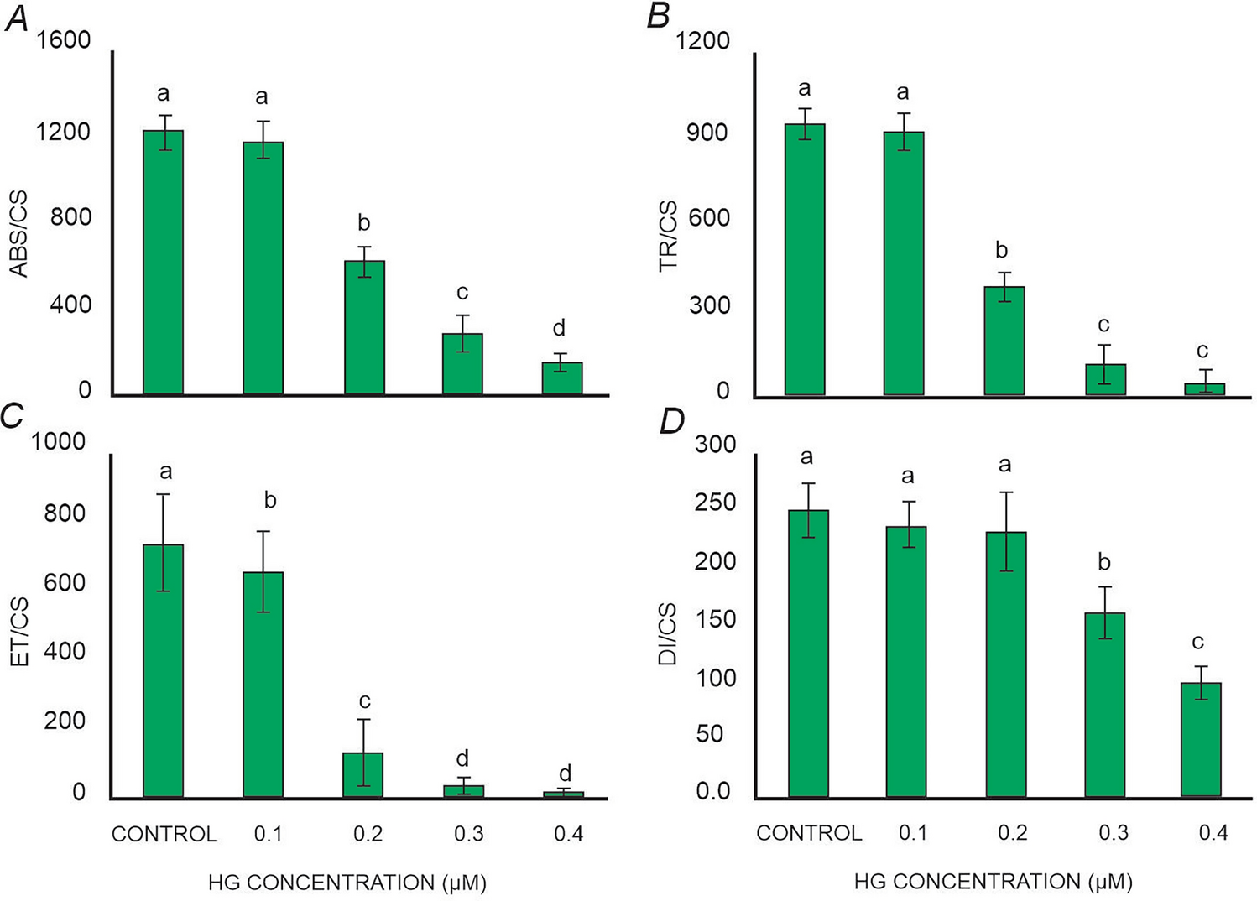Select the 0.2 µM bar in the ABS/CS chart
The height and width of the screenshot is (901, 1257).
364,327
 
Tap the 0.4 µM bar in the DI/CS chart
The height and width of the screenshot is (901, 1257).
1201,739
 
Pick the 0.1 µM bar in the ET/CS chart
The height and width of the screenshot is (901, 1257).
263,684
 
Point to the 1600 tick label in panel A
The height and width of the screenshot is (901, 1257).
64,40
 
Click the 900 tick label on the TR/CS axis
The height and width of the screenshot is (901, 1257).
707,133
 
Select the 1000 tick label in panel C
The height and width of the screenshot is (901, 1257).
59,441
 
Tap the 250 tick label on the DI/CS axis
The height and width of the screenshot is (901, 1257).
715,503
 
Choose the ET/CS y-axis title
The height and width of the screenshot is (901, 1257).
18,632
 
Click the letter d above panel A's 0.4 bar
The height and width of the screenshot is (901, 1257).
559,328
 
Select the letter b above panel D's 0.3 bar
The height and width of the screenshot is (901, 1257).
1104,562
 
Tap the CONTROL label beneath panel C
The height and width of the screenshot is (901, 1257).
164,834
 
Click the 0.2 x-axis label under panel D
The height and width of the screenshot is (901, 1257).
1012,833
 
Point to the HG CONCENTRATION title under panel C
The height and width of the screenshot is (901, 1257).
347,883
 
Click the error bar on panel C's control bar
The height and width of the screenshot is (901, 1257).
163,542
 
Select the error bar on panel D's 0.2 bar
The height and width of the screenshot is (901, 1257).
1005,531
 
